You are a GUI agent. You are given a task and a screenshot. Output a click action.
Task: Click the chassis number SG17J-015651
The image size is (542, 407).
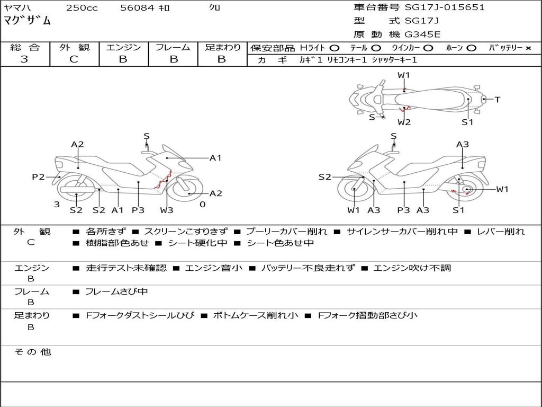pyautogui.click(x=445, y=7)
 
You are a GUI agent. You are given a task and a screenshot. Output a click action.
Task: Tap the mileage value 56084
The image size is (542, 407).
pyautogui.click(x=137, y=7)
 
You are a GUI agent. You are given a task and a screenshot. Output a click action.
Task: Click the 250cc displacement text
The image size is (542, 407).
pyautogui.click(x=82, y=7)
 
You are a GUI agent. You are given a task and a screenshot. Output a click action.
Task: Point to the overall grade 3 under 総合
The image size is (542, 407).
pyautogui.click(x=24, y=59)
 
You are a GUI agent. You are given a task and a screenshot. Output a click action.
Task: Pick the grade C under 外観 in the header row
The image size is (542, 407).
pyautogui.click(x=74, y=59)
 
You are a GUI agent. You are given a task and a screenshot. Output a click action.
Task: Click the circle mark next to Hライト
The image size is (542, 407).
pyautogui.click(x=335, y=48)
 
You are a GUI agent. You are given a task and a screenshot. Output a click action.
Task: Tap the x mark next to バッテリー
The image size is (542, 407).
pyautogui.click(x=528, y=48)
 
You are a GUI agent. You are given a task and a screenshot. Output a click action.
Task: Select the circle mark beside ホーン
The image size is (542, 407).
pyautogui.click(x=471, y=48)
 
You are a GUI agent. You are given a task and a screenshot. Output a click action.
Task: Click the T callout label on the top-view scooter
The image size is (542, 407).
pyautogui.click(x=498, y=100)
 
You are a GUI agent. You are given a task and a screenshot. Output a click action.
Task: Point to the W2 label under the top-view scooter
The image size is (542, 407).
pyautogui.click(x=404, y=122)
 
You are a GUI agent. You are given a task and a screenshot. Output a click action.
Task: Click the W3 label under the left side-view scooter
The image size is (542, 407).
pyautogui.click(x=167, y=210)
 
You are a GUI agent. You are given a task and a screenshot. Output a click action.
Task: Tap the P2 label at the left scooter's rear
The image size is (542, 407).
pyautogui.click(x=38, y=177)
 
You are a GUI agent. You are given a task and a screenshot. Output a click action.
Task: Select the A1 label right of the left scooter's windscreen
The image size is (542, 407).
pyautogui.click(x=215, y=158)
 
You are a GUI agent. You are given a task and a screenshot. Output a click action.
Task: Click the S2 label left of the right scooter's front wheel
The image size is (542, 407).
pyautogui.click(x=324, y=177)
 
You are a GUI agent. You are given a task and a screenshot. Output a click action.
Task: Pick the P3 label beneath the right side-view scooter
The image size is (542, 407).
pyautogui.click(x=403, y=210)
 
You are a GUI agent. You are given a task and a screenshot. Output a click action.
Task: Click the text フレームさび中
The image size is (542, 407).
pyautogui.click(x=116, y=292)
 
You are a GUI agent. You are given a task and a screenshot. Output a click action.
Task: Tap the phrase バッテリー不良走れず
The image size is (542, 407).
pyautogui.click(x=308, y=268)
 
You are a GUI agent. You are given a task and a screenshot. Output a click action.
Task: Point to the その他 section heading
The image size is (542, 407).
pyautogui.click(x=32, y=352)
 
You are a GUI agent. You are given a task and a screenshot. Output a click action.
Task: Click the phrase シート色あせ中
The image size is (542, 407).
pyautogui.click(x=281, y=243)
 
